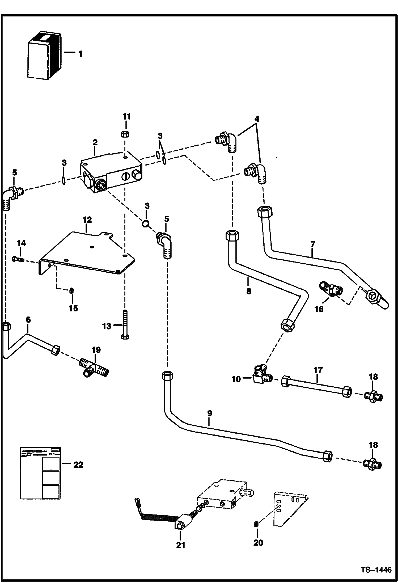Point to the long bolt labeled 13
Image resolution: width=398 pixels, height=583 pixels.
click(x=125, y=324)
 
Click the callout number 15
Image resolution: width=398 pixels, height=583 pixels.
click(x=73, y=308)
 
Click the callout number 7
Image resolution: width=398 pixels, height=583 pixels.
click(x=313, y=244)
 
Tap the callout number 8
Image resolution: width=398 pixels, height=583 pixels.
click(x=249, y=291)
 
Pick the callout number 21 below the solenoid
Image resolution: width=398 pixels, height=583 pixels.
click(x=180, y=545)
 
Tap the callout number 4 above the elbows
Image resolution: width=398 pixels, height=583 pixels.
click(x=256, y=119)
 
